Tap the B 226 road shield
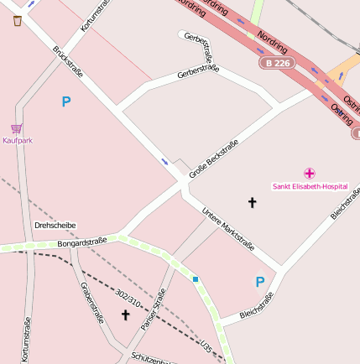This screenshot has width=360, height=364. point(277,63)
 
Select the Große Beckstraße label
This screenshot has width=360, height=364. point(213,159)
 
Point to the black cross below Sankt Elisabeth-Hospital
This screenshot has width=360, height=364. point(252,202)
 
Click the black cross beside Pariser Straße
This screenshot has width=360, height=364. point(126,315)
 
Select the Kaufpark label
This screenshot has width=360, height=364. point(18,141)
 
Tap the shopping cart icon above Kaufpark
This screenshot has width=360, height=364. point(17,128)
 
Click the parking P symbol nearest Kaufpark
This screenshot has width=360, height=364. point(66,102)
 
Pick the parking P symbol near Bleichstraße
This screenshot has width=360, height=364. point(260,283)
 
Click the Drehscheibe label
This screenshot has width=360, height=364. point(55,226)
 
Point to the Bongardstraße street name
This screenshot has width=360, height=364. point(82,243)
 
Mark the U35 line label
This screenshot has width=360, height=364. point(206,344)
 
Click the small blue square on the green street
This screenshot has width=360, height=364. point(196,279)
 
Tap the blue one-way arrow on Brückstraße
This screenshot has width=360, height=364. point(164,161)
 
